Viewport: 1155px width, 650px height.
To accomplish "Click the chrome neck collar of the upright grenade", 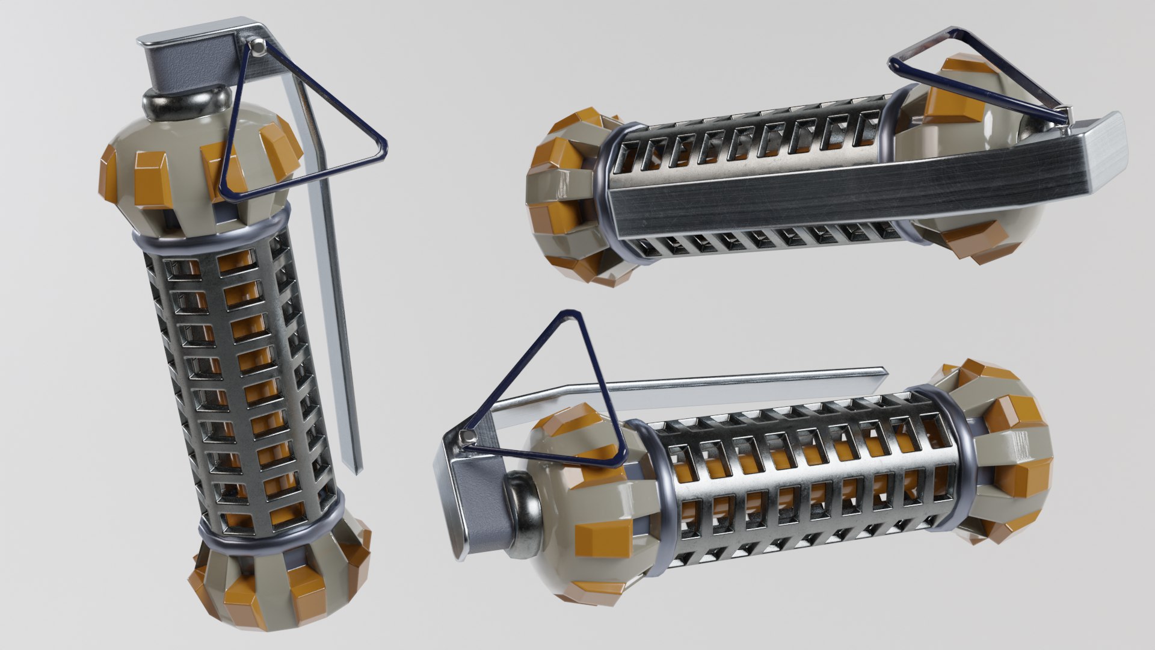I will tap(186, 106).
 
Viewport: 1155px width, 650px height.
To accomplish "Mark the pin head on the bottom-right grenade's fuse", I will tap(464, 437).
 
